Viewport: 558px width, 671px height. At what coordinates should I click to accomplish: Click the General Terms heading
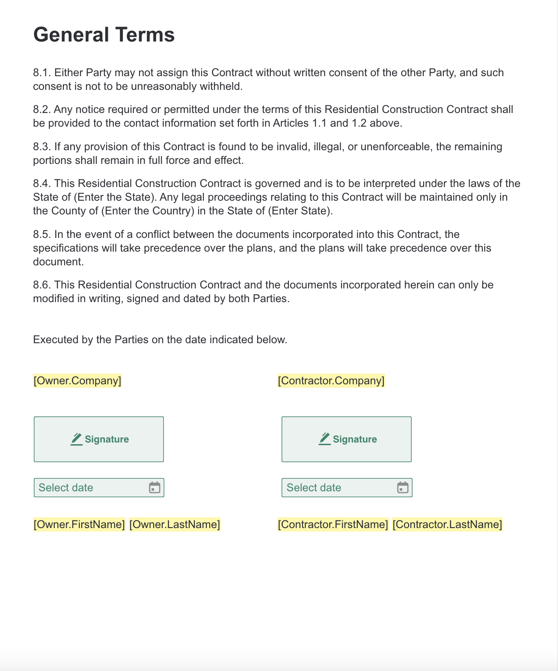104,35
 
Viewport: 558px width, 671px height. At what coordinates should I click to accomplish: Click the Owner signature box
99,439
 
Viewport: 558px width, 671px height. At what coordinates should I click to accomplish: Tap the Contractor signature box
347,439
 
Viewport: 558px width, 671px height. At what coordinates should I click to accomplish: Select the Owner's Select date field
90,488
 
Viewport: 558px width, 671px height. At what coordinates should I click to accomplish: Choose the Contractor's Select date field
338,488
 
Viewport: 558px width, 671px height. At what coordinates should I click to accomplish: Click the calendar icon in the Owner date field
154,487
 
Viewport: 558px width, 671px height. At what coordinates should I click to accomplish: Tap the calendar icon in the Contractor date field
403,487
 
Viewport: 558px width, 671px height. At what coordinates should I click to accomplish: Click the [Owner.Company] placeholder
77,380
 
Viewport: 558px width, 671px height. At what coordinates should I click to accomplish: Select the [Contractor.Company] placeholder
331,380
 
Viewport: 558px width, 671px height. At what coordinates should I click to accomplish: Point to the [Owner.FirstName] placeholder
79,524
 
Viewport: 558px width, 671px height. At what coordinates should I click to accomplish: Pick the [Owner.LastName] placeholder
175,524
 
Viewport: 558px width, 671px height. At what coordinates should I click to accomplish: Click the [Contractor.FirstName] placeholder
333,524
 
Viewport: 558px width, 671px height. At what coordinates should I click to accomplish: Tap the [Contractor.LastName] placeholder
447,524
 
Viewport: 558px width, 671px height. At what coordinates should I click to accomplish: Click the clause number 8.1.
42,73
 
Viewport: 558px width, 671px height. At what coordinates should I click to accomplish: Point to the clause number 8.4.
42,184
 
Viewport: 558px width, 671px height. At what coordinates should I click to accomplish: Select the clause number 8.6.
42,285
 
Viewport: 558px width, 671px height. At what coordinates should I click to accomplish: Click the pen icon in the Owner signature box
77,439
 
